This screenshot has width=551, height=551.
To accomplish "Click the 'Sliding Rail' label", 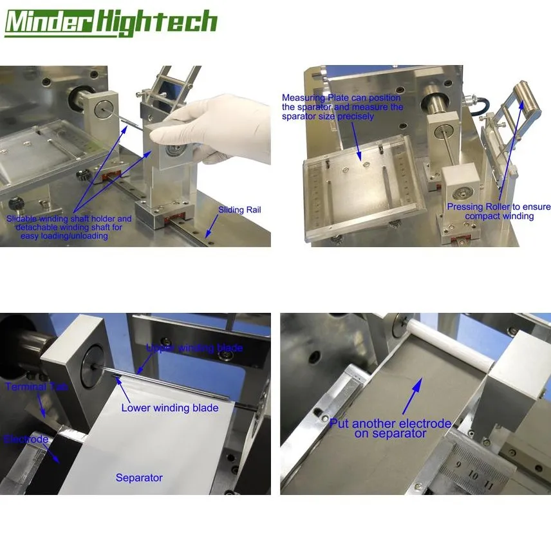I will click(x=239, y=210).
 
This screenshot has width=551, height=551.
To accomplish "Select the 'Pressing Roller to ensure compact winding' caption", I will click(x=499, y=211).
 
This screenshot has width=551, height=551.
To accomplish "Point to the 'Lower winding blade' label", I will click(x=170, y=407).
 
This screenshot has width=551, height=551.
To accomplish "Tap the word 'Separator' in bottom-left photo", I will click(x=139, y=478).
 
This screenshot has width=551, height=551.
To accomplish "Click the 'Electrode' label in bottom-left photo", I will click(x=26, y=439).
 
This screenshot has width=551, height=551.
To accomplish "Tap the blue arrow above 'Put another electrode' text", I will click(x=412, y=396).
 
